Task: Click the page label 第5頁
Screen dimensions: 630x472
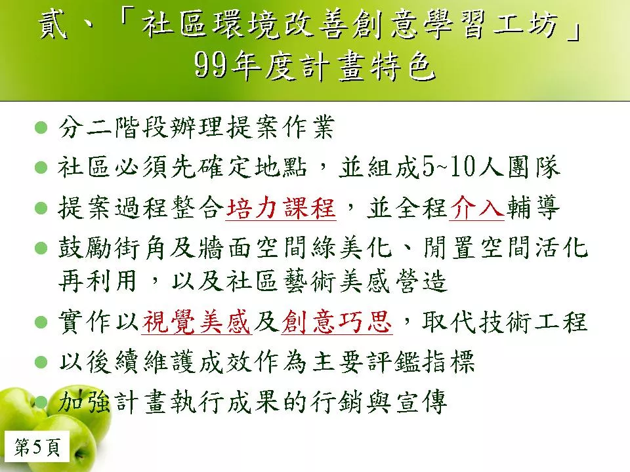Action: click(37, 447)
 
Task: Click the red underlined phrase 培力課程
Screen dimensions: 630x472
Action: click(281, 208)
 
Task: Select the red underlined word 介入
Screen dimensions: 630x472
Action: click(476, 208)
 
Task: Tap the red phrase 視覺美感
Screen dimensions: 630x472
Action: click(196, 322)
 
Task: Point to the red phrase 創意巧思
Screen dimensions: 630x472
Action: click(337, 322)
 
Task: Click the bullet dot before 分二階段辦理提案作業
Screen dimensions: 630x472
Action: click(41, 128)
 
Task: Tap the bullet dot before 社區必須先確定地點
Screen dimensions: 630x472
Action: click(41, 167)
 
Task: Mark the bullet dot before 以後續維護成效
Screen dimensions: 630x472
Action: click(41, 362)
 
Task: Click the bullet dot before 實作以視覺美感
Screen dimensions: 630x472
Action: click(41, 322)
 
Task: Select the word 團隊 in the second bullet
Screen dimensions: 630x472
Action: click(534, 167)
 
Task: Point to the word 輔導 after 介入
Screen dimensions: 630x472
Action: click(533, 208)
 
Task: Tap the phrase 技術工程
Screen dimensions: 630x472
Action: click(533, 322)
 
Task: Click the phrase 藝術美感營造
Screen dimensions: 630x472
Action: click(365, 281)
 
